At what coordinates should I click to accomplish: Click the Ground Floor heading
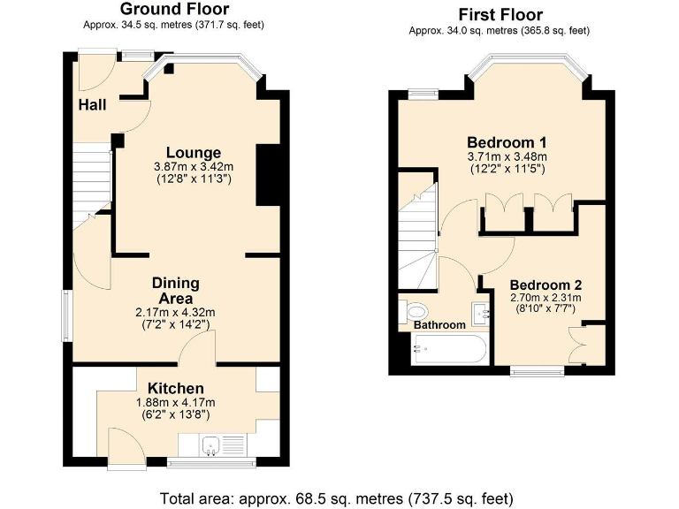click(173, 9)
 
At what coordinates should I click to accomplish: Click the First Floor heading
click(500, 14)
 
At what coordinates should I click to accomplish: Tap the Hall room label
click(92, 105)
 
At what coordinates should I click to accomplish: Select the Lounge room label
click(192, 153)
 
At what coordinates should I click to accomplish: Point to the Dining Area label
click(175, 290)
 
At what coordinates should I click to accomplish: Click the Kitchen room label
click(175, 388)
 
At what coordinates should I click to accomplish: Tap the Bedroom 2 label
click(545, 285)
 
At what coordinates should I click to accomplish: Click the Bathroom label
click(439, 325)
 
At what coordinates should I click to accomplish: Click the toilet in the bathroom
click(415, 311)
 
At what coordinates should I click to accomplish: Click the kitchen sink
click(211, 445)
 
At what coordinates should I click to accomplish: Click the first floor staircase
click(417, 234)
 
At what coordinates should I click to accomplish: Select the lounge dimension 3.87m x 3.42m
click(192, 167)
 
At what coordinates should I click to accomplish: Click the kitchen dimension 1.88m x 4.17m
click(175, 403)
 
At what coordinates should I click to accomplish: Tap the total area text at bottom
click(336, 498)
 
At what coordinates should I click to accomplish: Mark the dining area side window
click(67, 315)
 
